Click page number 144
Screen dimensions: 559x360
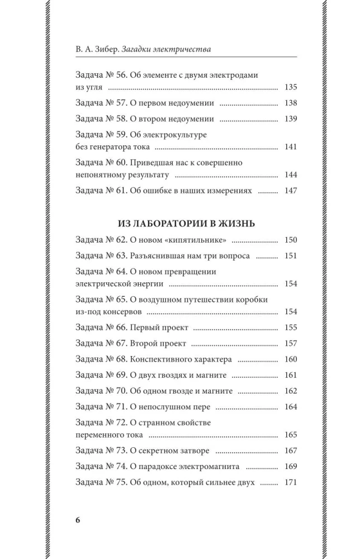click(x=291, y=175)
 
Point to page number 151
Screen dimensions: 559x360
click(x=291, y=256)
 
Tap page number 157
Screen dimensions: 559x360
click(x=291, y=343)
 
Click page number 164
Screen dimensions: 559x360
click(x=291, y=407)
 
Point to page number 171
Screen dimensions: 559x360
click(x=291, y=482)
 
